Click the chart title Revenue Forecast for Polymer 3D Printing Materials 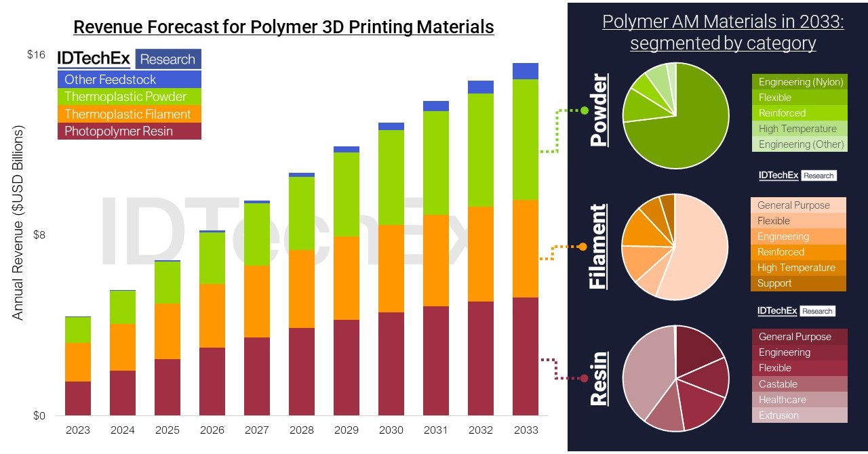283,27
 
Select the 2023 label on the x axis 78,430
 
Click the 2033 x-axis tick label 526,430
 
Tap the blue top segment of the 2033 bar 526,71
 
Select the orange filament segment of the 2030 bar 391,268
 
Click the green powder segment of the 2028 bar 302,213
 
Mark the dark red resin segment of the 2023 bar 78,398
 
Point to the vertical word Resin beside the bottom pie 599,378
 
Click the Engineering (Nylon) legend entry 800,82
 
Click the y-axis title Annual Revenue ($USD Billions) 18,223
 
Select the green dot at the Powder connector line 584,110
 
